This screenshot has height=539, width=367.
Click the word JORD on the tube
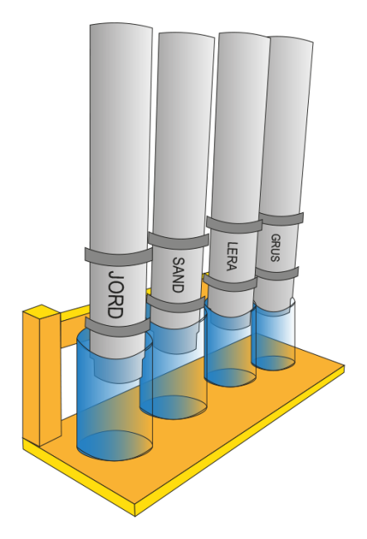[115, 294]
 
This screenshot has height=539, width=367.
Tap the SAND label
[179, 274]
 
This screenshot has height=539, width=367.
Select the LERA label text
[232, 256]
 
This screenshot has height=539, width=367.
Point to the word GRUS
[276, 248]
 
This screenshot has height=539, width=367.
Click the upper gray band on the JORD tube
[118, 256]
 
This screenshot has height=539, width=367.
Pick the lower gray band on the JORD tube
[117, 328]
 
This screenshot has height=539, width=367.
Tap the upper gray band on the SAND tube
[179, 240]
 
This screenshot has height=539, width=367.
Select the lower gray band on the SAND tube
[175, 303]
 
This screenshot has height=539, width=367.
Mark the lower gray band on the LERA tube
[231, 284]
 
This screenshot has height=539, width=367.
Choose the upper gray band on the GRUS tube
[281, 219]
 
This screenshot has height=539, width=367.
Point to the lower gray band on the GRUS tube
[277, 274]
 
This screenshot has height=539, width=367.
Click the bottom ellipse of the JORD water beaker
[115, 445]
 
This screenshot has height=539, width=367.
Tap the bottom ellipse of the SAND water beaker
[174, 407]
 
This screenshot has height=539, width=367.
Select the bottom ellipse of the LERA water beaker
[230, 378]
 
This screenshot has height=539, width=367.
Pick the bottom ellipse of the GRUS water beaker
[273, 363]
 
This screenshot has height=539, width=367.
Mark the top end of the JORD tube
[121, 27]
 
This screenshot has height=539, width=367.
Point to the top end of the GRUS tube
[291, 39]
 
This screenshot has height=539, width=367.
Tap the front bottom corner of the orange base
[135, 516]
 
